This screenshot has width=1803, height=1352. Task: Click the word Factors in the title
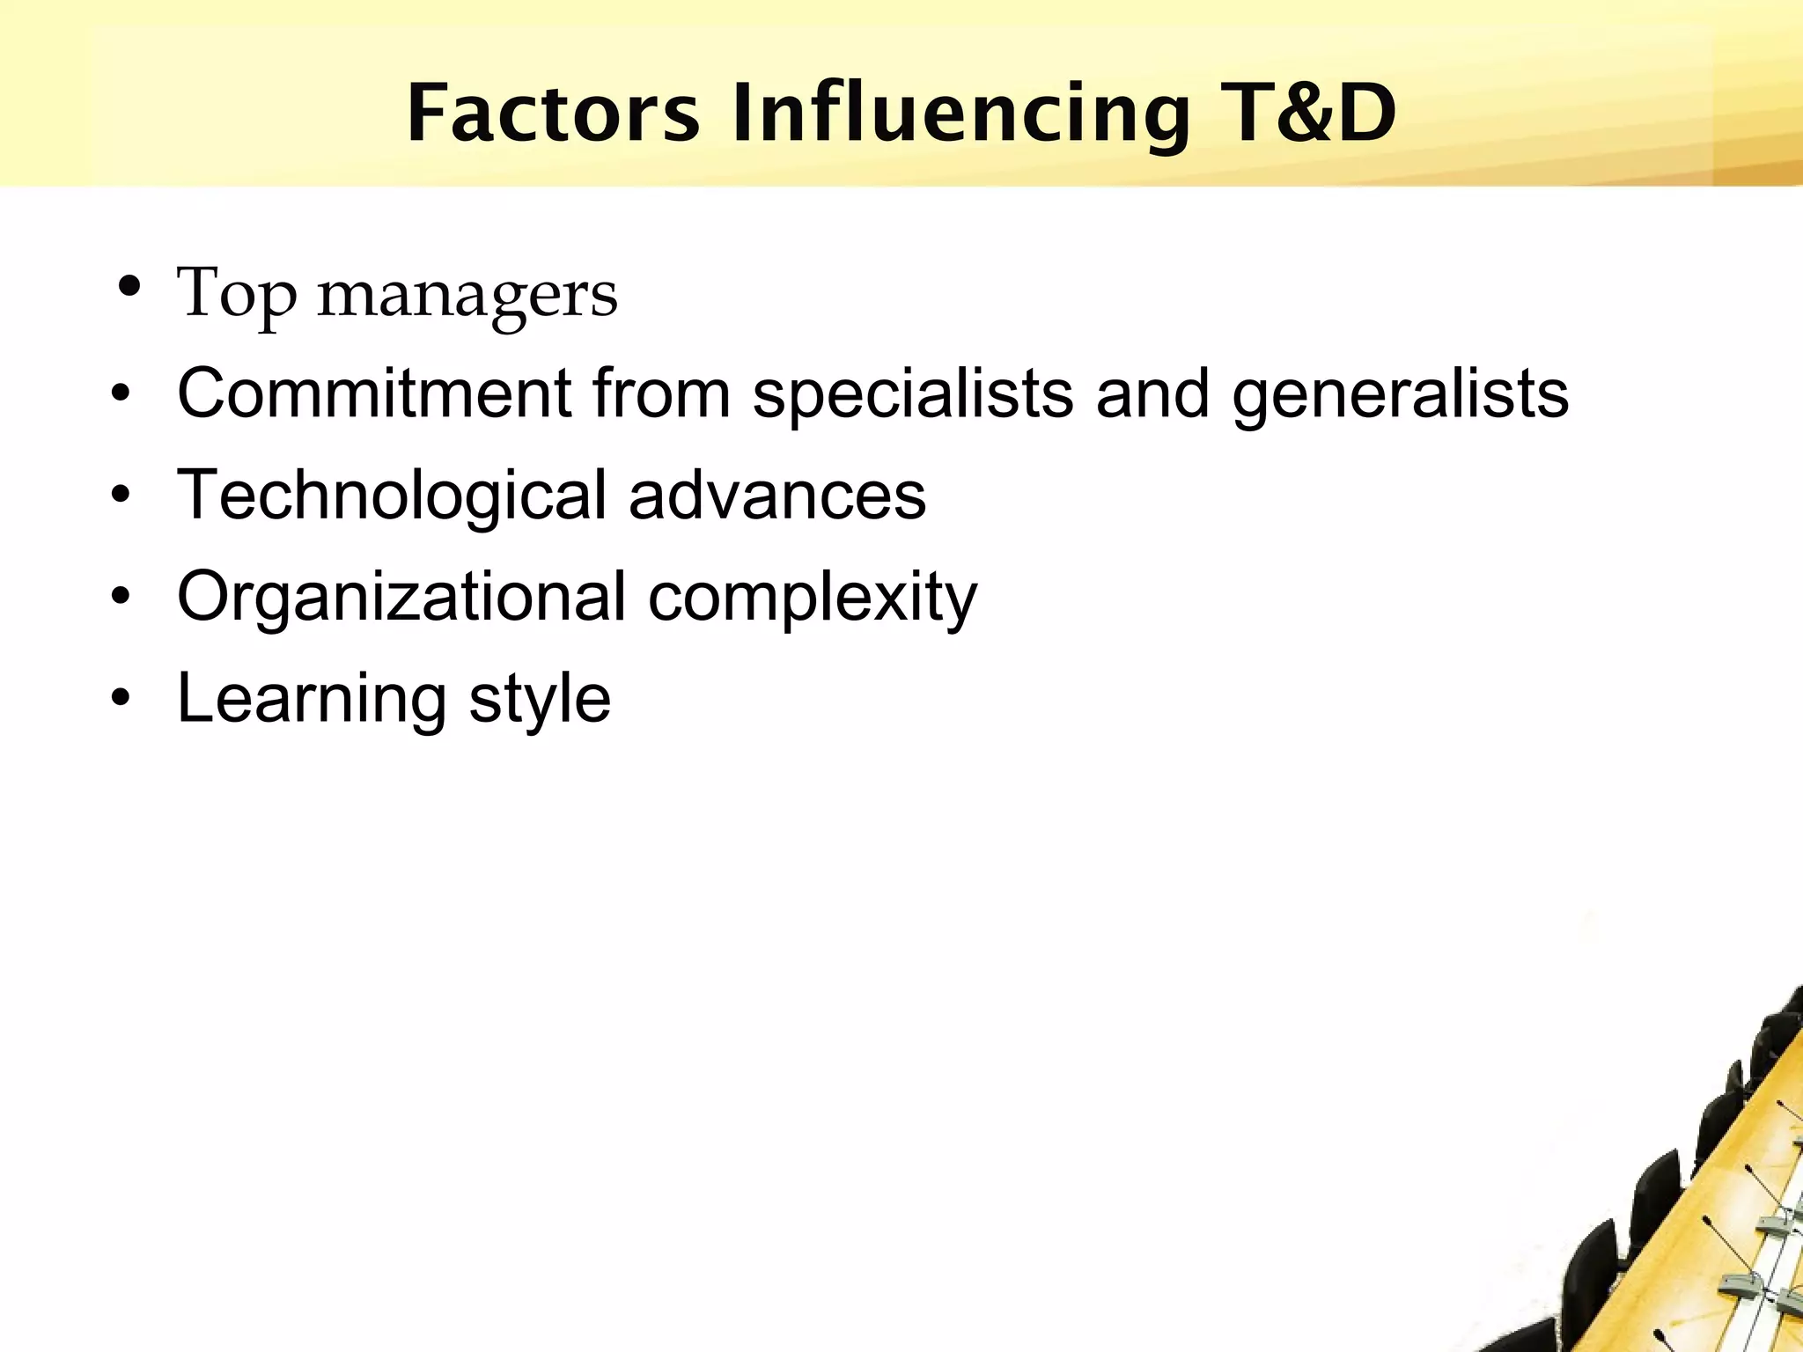pos(553,114)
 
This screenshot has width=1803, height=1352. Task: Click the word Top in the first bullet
pos(236,294)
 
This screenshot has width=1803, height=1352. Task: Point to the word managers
pos(467,296)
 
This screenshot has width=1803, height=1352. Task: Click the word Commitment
pos(374,393)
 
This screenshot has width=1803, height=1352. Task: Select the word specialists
pos(913,393)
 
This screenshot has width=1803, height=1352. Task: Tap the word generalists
pos(1400,393)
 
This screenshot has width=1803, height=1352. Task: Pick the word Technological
pos(392,495)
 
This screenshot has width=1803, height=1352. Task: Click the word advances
pos(777,495)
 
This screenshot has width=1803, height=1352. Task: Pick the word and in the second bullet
pos(1152,393)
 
